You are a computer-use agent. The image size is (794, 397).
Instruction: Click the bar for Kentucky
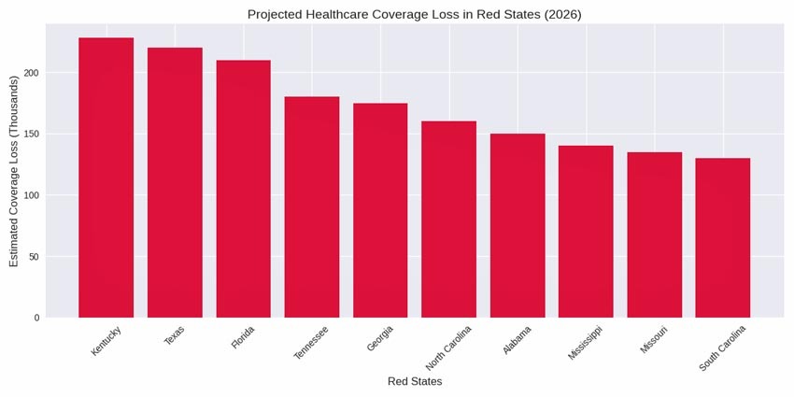[106, 177]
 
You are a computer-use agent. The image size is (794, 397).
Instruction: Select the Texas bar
[175, 182]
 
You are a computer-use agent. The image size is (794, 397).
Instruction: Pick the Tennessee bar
[312, 206]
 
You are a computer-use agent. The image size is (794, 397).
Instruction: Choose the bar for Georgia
[380, 210]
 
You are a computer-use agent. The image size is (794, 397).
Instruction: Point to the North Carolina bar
[448, 220]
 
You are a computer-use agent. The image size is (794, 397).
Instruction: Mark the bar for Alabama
[518, 225]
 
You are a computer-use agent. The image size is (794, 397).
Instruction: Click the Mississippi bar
[586, 232]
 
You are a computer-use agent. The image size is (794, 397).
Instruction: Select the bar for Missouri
[654, 234]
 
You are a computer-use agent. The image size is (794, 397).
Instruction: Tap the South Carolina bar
[723, 237]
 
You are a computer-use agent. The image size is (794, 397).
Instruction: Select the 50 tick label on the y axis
[34, 257]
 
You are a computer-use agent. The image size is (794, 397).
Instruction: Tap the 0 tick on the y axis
[36, 318]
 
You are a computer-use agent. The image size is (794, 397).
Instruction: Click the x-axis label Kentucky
[106, 340]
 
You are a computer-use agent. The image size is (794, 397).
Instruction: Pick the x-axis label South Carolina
[723, 348]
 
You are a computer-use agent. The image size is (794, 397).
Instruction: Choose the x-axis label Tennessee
[311, 342]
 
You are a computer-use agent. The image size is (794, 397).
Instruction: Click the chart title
[414, 14]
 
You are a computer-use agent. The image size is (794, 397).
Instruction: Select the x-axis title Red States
[415, 381]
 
